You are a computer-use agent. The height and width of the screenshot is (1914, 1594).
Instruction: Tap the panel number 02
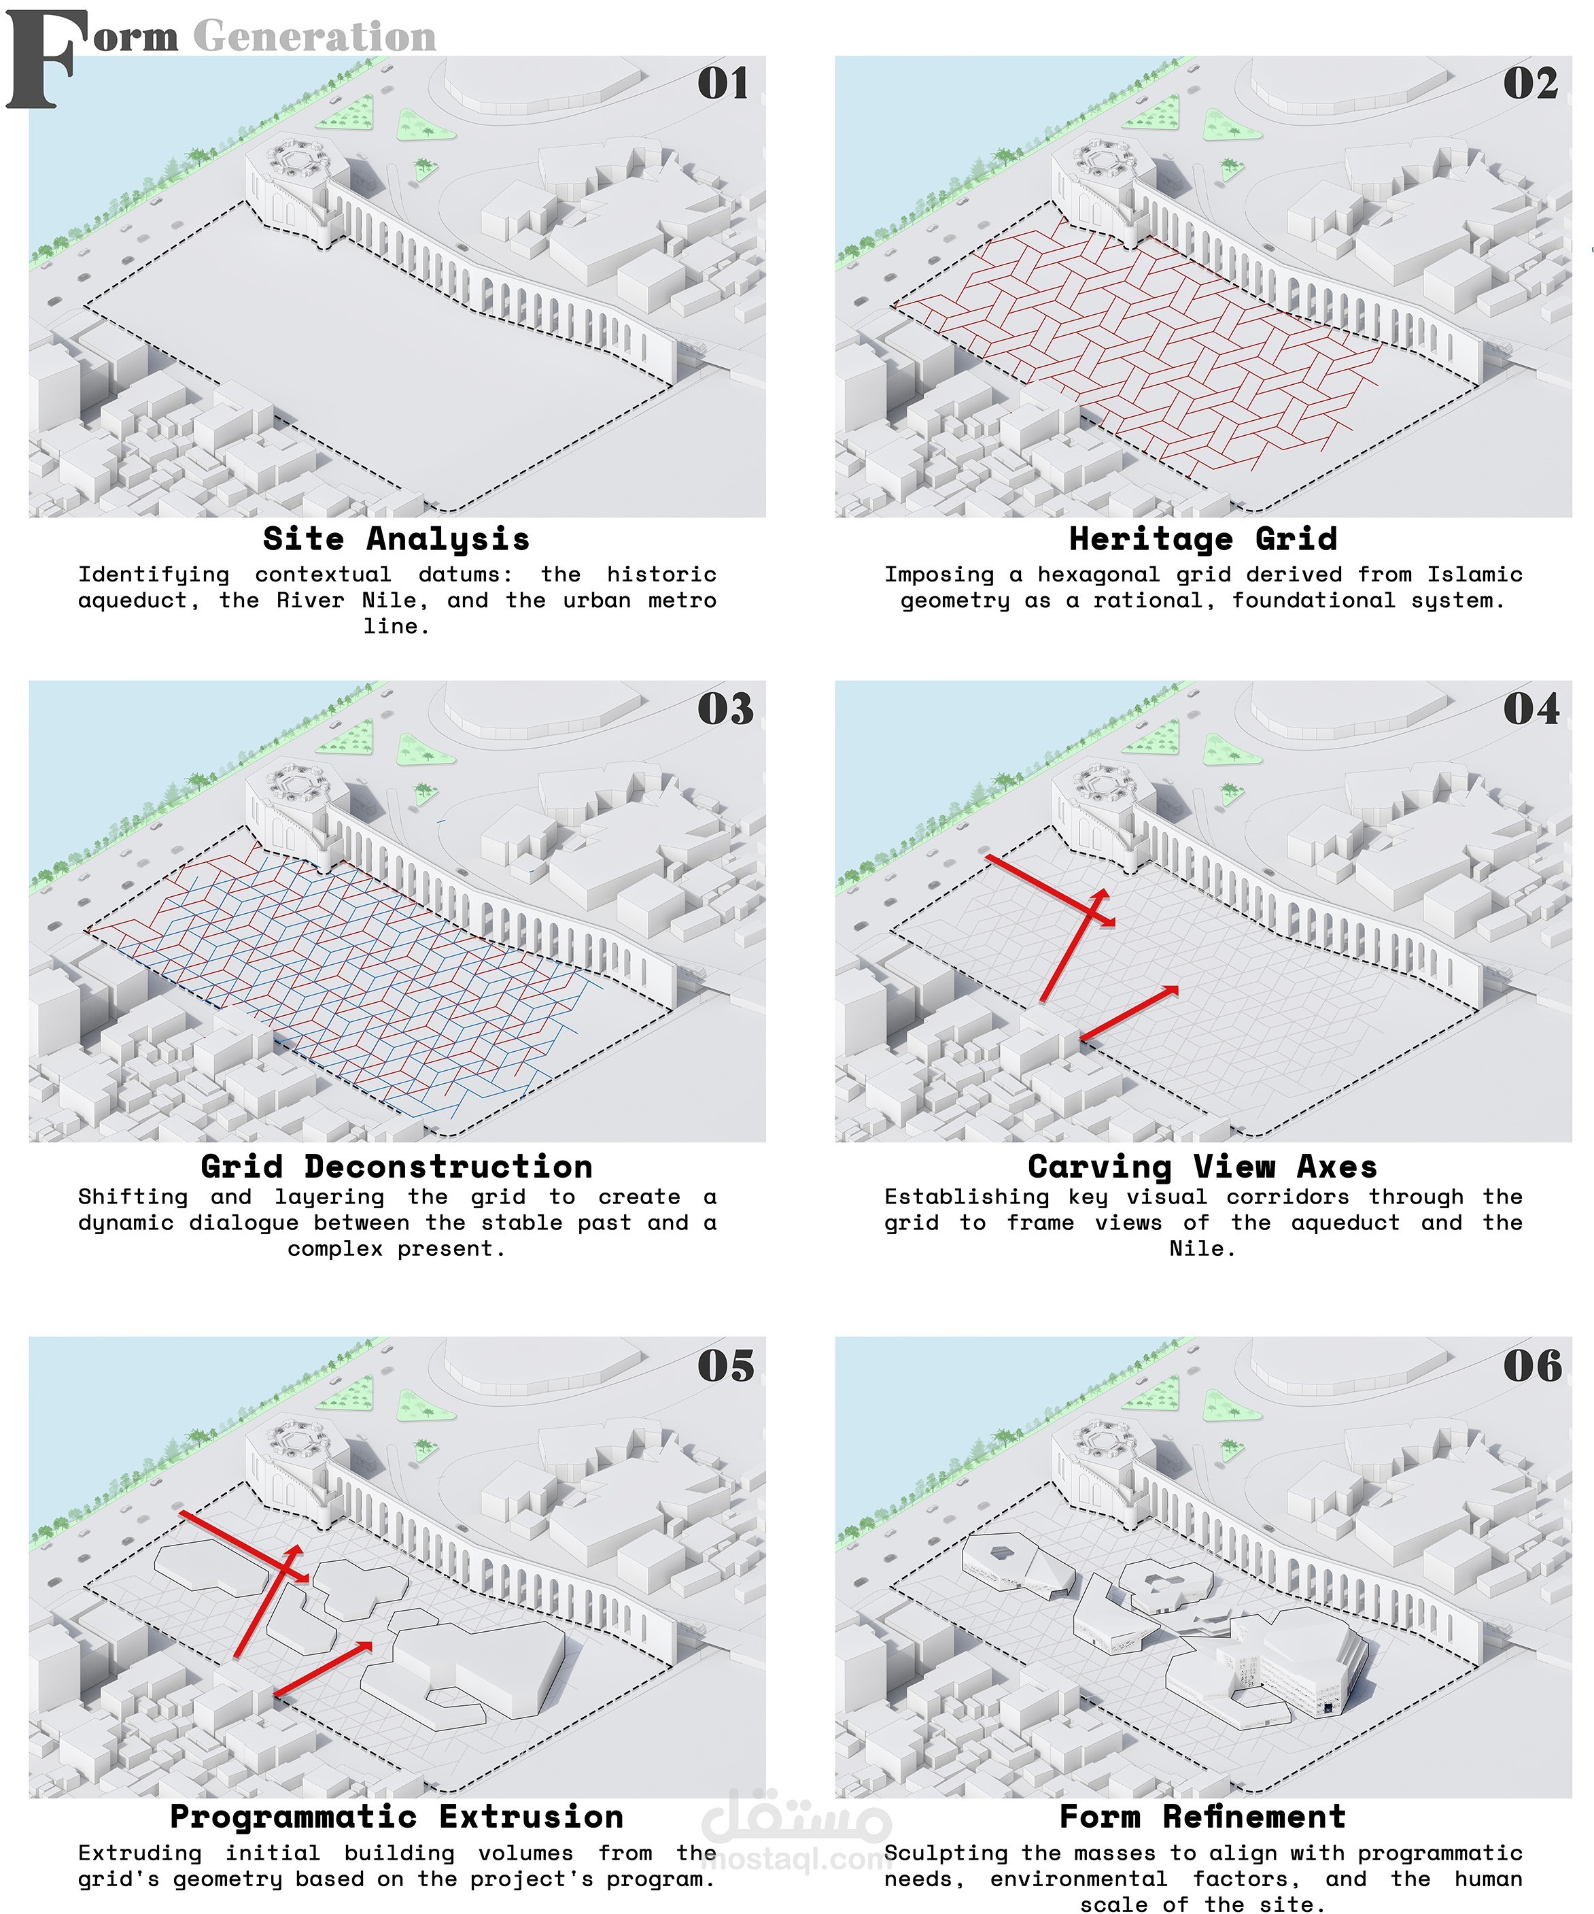[1530, 83]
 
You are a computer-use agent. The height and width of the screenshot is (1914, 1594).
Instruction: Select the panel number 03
[725, 709]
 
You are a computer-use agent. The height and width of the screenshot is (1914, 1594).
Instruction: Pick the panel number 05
[725, 1365]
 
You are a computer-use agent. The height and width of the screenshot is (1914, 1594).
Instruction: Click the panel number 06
[1532, 1365]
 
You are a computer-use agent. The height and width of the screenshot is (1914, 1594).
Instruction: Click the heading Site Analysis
[396, 539]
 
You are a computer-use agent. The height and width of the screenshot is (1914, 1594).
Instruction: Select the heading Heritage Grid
[1203, 539]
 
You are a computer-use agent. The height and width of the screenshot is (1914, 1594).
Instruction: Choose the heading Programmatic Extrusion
[396, 1817]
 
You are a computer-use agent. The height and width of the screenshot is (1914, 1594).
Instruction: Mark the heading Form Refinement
[1203, 1817]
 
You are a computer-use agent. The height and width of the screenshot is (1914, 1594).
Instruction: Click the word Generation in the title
[315, 37]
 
